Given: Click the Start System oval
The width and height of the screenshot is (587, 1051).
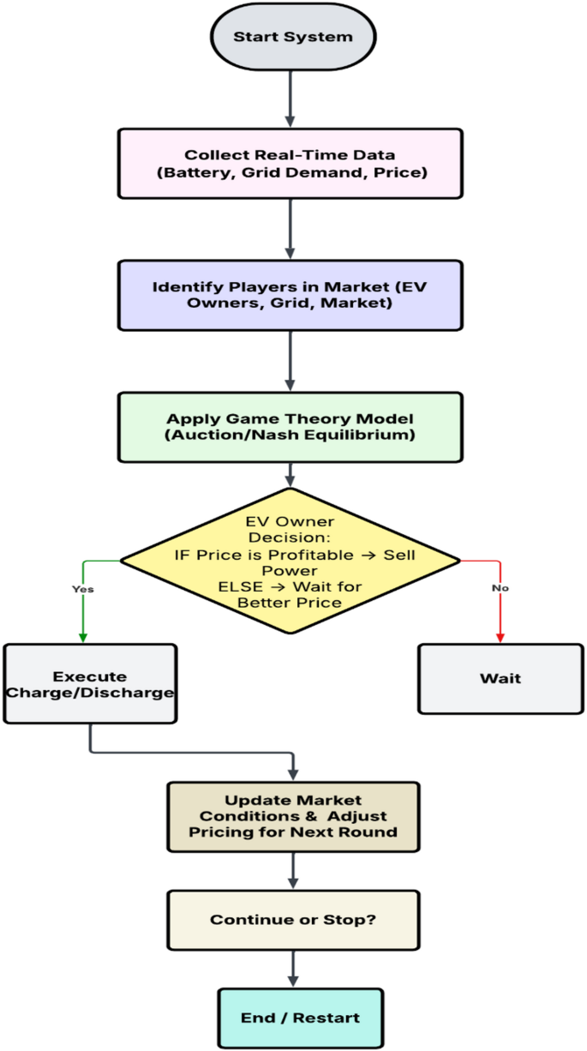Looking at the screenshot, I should click(x=292, y=37).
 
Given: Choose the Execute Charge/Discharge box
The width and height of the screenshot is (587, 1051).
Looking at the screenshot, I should click(x=90, y=684).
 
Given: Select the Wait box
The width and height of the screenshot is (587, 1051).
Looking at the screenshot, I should click(x=500, y=678).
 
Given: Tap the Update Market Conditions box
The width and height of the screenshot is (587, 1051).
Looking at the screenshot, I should click(x=294, y=815).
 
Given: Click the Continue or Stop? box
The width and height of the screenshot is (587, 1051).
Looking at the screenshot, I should click(x=294, y=920).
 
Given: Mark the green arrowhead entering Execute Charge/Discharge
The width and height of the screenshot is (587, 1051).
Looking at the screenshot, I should click(x=83, y=638).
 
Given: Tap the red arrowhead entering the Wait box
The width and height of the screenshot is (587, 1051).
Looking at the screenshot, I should click(x=500, y=638).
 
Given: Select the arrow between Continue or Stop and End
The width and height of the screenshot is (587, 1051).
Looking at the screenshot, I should click(x=294, y=969).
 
